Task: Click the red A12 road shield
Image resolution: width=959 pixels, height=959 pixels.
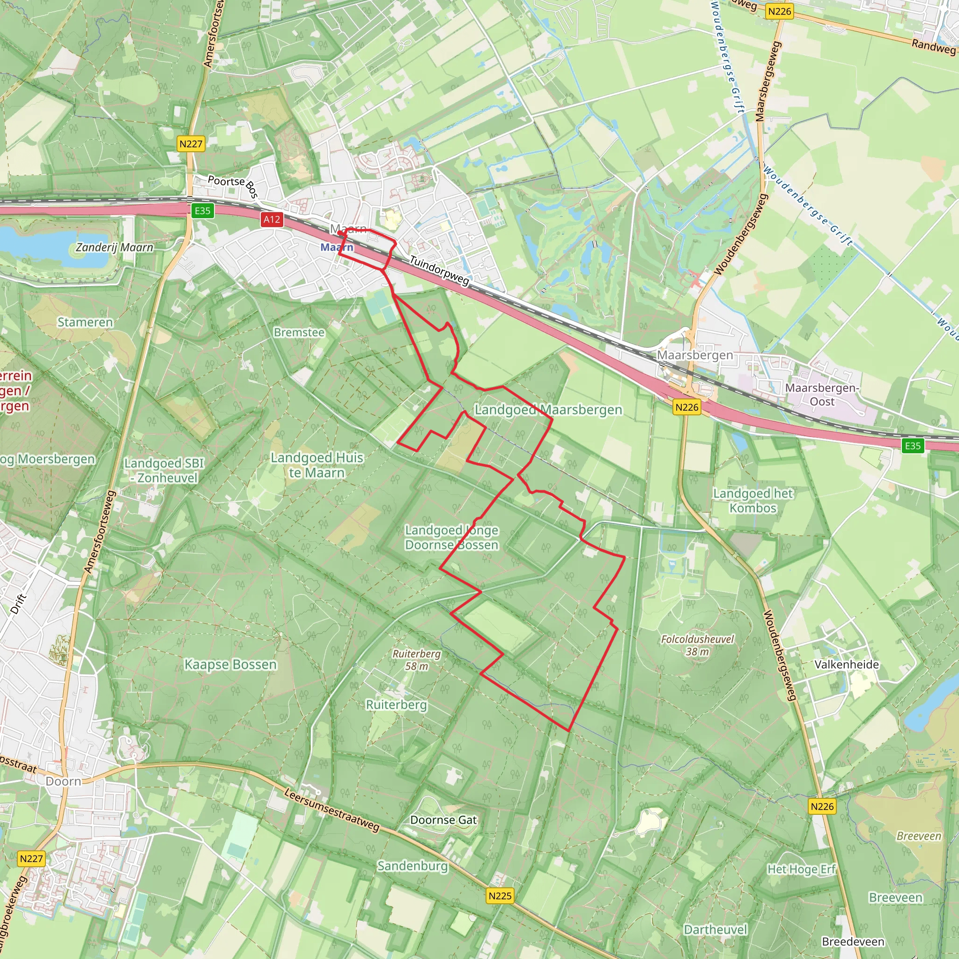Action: tap(272, 220)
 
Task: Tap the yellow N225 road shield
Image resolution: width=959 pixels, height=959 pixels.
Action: tap(499, 896)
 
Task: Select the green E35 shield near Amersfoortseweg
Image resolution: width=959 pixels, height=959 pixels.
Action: tap(202, 211)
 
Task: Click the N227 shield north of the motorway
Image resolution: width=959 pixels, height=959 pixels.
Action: tap(191, 144)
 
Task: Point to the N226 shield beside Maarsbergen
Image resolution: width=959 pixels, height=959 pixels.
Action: tap(687, 407)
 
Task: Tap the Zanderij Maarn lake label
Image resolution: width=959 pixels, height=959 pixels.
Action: tap(114, 247)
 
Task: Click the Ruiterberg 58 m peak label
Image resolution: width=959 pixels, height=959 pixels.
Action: tap(416, 660)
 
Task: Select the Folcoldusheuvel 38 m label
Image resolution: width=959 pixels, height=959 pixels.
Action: tap(697, 645)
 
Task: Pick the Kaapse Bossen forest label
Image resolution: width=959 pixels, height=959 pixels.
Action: tap(230, 664)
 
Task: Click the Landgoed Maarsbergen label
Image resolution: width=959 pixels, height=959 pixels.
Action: tap(548, 410)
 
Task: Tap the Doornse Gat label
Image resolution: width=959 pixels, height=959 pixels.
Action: tap(443, 820)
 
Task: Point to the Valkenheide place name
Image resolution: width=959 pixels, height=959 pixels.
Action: tap(846, 664)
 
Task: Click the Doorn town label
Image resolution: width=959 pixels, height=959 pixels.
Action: tap(63, 782)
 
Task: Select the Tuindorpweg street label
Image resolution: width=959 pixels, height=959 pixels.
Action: tap(439, 271)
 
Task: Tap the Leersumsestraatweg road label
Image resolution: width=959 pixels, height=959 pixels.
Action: tap(332, 810)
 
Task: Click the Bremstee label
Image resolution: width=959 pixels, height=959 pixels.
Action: tap(299, 332)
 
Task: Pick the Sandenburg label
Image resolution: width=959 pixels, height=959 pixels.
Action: tap(412, 866)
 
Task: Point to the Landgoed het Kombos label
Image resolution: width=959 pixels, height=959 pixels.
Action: tap(752, 501)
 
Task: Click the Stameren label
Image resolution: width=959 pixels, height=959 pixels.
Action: tap(85, 322)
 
